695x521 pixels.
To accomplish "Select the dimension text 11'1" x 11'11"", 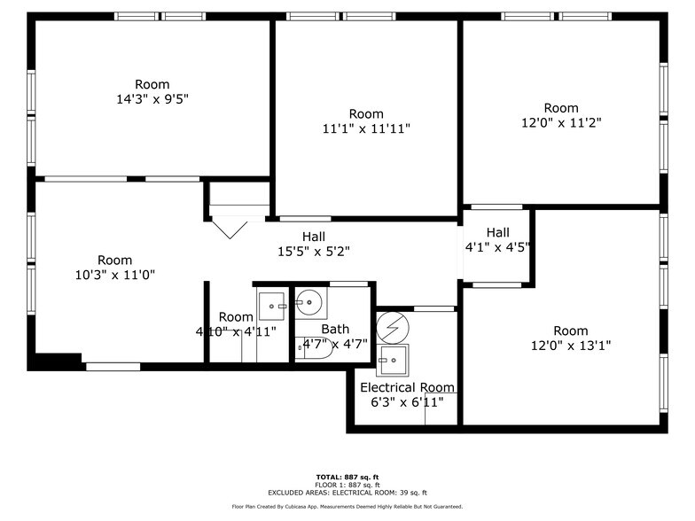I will [x=366, y=128].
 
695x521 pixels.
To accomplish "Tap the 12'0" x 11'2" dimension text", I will [x=560, y=123].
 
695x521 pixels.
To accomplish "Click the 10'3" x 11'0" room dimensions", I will [x=114, y=275].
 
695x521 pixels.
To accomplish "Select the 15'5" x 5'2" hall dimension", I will [x=313, y=251].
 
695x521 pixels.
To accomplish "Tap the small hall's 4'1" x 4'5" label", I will [x=497, y=247].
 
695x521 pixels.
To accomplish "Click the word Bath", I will [x=335, y=329].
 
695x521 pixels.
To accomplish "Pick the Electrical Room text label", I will [x=407, y=387].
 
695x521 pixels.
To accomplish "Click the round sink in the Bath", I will [x=310, y=303].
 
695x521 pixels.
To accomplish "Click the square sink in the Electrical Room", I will [x=391, y=360].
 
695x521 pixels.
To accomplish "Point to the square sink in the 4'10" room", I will [x=271, y=305].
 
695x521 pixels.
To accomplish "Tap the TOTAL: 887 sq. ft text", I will [x=347, y=477].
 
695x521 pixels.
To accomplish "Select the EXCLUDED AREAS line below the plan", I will [x=347, y=493].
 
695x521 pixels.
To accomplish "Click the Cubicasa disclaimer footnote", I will [x=347, y=507].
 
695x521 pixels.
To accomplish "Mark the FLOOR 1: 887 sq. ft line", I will [x=347, y=485].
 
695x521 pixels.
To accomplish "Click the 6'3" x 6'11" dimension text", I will [x=407, y=402].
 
